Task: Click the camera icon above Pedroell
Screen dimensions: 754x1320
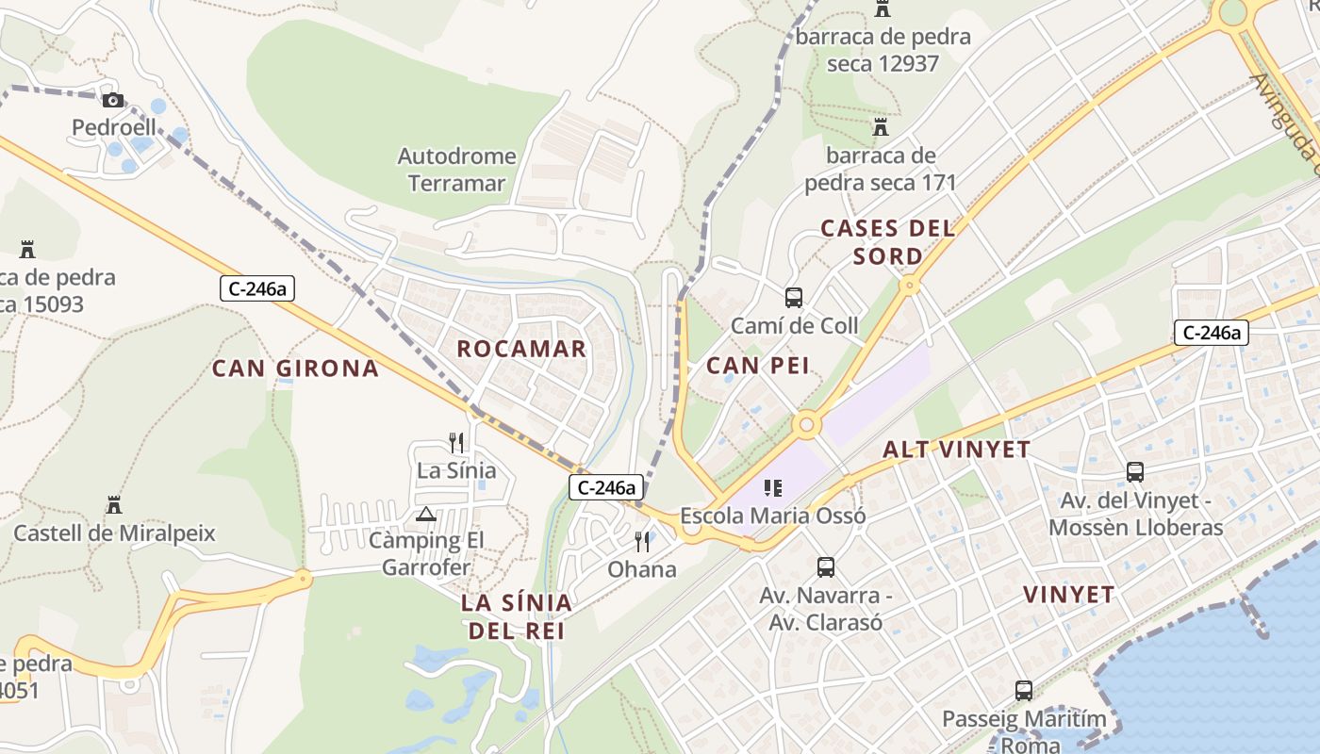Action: (x=113, y=100)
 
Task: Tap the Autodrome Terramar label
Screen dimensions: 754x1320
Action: (x=456, y=170)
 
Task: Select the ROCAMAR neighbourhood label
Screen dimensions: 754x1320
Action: (x=521, y=349)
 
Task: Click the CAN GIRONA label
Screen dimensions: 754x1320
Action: (x=295, y=369)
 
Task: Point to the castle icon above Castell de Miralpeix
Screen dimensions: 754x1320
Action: (x=114, y=505)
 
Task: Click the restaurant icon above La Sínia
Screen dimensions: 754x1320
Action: (x=456, y=442)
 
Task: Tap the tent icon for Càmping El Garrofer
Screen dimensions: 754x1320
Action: (x=426, y=515)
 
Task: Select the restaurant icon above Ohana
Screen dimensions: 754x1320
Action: (x=642, y=542)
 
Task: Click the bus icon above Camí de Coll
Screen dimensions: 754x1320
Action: (x=794, y=298)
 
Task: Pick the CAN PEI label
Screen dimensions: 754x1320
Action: (x=758, y=366)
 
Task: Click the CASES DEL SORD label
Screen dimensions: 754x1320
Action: (x=887, y=242)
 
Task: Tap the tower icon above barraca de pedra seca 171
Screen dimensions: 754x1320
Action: (x=881, y=126)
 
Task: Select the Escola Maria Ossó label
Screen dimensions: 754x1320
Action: (x=772, y=516)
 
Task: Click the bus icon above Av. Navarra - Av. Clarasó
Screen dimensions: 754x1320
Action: (x=826, y=567)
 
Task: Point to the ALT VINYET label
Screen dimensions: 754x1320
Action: (x=956, y=450)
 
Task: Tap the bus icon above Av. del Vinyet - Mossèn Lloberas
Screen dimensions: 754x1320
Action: (x=1135, y=472)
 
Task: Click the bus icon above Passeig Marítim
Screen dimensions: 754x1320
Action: (x=1024, y=691)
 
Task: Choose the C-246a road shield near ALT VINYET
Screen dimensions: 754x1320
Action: (x=1211, y=332)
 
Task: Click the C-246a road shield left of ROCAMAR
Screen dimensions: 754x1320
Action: (x=257, y=288)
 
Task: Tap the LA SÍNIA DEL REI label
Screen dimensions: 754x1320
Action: (x=517, y=616)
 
